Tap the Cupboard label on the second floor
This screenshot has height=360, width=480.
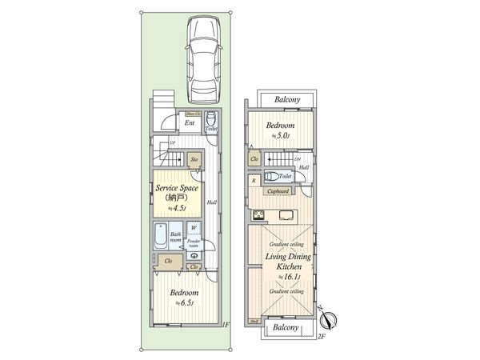tap(279, 192)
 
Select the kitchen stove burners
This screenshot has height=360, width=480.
tap(259, 214)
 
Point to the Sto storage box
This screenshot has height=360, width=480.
tap(194, 160)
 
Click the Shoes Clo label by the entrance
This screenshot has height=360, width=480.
tap(194, 114)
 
